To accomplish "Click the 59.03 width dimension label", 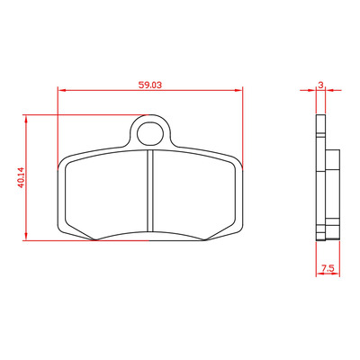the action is (x=150, y=85).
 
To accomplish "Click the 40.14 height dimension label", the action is (x=21, y=177).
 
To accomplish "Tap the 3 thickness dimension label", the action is (x=320, y=85).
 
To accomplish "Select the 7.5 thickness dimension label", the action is (x=328, y=268).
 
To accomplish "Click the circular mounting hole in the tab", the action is (x=150, y=133).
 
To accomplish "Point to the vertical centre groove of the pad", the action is (x=150, y=191).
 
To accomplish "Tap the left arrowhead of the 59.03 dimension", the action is (x=61, y=90).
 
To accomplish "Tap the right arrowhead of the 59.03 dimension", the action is (x=238, y=90).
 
